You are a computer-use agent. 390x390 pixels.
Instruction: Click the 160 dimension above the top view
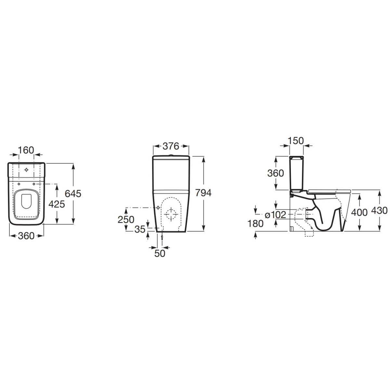[26, 150]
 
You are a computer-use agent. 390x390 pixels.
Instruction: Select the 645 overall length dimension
[73, 194]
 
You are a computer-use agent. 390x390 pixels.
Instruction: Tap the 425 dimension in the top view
[57, 204]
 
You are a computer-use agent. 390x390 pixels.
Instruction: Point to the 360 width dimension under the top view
[26, 236]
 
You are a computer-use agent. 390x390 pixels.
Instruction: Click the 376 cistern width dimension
[171, 146]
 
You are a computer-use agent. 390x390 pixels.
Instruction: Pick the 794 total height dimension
[203, 193]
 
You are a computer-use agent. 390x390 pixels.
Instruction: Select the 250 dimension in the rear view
[126, 220]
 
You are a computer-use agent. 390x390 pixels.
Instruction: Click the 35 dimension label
[140, 229]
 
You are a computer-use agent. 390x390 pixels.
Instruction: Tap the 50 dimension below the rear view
[160, 253]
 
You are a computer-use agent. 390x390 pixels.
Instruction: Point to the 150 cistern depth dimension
[296, 141]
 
